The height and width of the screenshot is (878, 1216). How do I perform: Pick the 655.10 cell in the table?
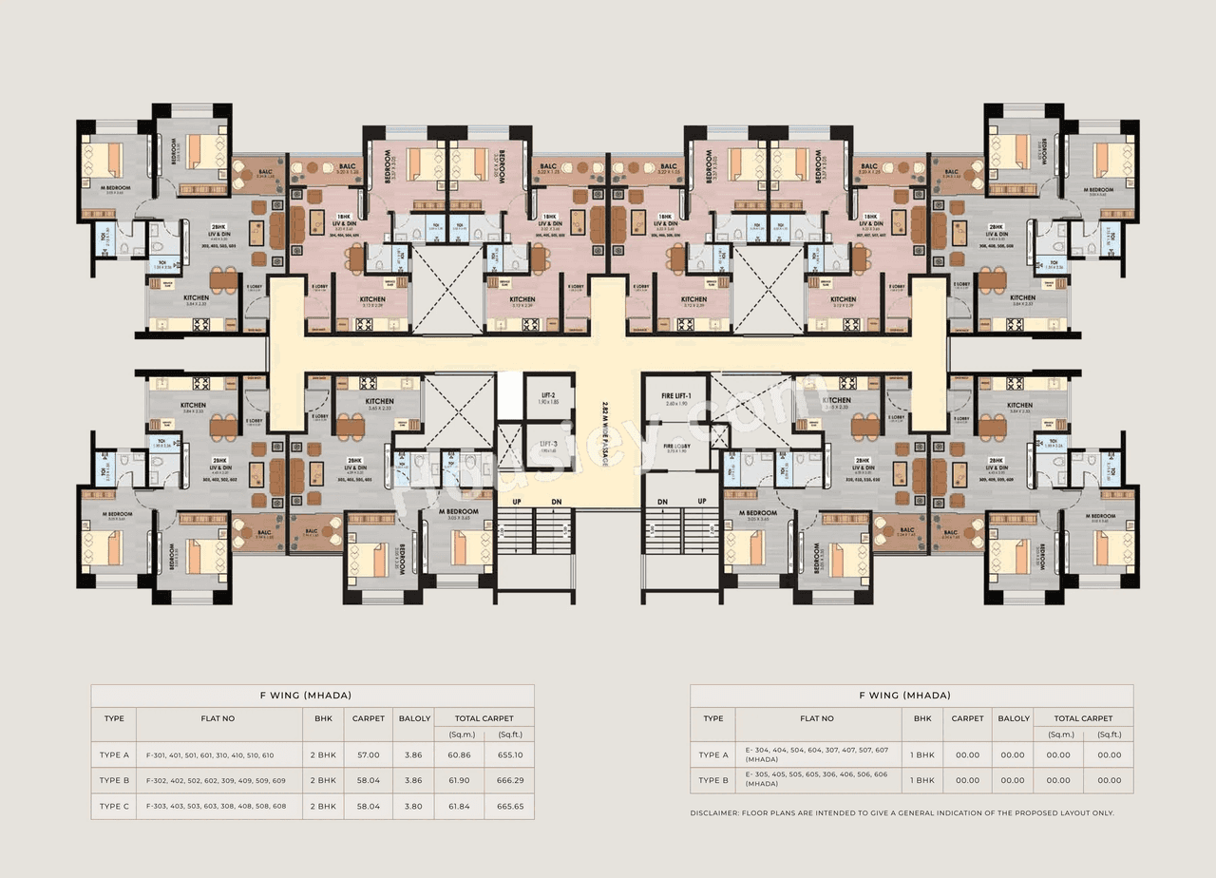click(x=509, y=754)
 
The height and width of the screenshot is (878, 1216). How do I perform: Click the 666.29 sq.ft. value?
click(x=509, y=780)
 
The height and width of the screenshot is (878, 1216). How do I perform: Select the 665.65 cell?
click(x=509, y=806)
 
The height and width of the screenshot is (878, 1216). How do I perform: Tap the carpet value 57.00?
click(x=368, y=754)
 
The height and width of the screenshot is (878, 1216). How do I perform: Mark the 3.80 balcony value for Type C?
click(x=414, y=806)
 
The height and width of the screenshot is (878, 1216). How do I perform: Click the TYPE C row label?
click(x=114, y=806)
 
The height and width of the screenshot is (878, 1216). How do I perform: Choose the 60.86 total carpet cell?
click(x=461, y=754)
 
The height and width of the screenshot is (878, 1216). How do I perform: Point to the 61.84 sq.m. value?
click(x=461, y=806)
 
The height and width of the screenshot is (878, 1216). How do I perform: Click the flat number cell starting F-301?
click(x=210, y=754)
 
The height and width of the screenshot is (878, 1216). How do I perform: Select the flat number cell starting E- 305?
click(x=817, y=780)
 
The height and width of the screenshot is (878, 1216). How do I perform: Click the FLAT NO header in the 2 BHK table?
click(x=218, y=718)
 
